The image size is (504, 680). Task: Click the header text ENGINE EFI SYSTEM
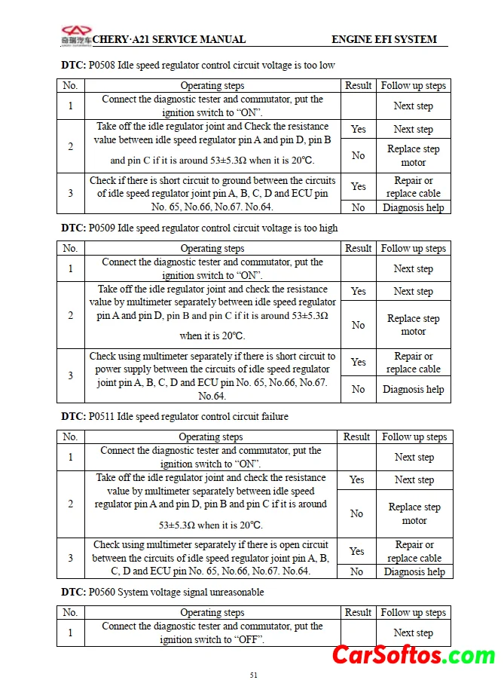(x=383, y=39)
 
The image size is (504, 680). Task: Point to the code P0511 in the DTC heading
(x=102, y=416)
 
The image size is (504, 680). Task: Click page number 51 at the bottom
(x=253, y=675)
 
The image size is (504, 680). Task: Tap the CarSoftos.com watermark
(x=414, y=654)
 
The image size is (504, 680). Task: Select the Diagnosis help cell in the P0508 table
(x=413, y=207)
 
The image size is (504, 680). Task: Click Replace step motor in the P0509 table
(x=413, y=325)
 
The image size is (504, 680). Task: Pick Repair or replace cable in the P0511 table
(x=414, y=551)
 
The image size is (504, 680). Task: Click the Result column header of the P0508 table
(x=358, y=85)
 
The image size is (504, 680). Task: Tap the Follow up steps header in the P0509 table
(x=413, y=248)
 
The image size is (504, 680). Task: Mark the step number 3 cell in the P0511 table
(x=71, y=558)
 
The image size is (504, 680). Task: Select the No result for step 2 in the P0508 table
(x=358, y=155)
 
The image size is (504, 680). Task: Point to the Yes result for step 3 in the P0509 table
(x=358, y=362)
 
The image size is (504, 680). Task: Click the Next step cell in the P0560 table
(x=413, y=633)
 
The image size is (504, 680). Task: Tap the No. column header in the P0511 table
(x=70, y=436)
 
